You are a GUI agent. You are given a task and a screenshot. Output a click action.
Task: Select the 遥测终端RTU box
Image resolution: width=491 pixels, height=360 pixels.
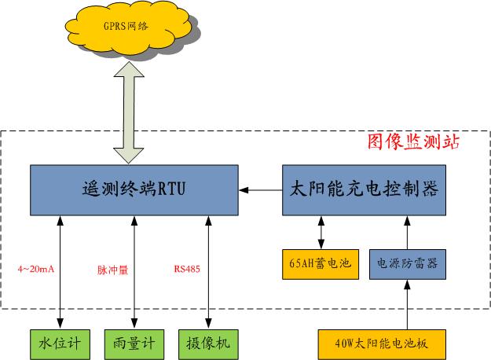pos(134,189)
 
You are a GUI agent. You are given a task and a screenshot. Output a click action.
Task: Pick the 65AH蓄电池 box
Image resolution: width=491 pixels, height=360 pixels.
pos(320,263)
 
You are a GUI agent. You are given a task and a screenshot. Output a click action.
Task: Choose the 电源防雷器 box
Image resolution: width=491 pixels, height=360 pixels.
pos(407,263)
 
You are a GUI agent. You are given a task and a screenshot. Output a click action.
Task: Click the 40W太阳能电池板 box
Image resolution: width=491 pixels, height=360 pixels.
pos(382,343)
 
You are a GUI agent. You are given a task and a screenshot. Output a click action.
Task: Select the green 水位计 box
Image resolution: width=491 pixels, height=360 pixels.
pos(60,343)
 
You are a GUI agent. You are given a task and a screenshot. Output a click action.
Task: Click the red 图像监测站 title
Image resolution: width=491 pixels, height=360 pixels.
pos(412,142)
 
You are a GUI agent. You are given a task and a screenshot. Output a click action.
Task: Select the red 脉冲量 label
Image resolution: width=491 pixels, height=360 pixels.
pos(112,269)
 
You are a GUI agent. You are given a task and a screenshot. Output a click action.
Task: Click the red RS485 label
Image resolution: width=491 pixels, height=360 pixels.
pos(187,269)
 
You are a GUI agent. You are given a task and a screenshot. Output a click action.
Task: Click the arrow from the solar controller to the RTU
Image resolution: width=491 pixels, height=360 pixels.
pos(260,189)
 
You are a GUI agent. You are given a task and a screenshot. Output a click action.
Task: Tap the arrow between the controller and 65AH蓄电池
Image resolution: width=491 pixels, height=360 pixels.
pos(321,231)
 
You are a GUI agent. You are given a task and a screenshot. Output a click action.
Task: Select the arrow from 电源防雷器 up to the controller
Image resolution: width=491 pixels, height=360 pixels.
pos(407,231)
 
